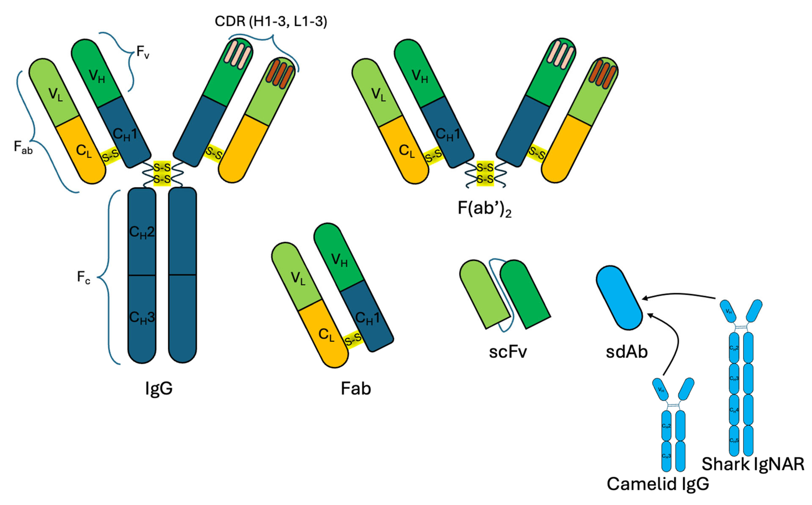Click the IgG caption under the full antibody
(159, 388)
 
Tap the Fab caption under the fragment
(356, 388)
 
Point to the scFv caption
(508, 352)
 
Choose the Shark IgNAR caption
(753, 464)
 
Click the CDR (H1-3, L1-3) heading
(271, 22)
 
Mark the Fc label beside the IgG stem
(83, 277)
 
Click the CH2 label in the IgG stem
(142, 232)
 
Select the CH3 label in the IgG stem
(142, 317)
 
